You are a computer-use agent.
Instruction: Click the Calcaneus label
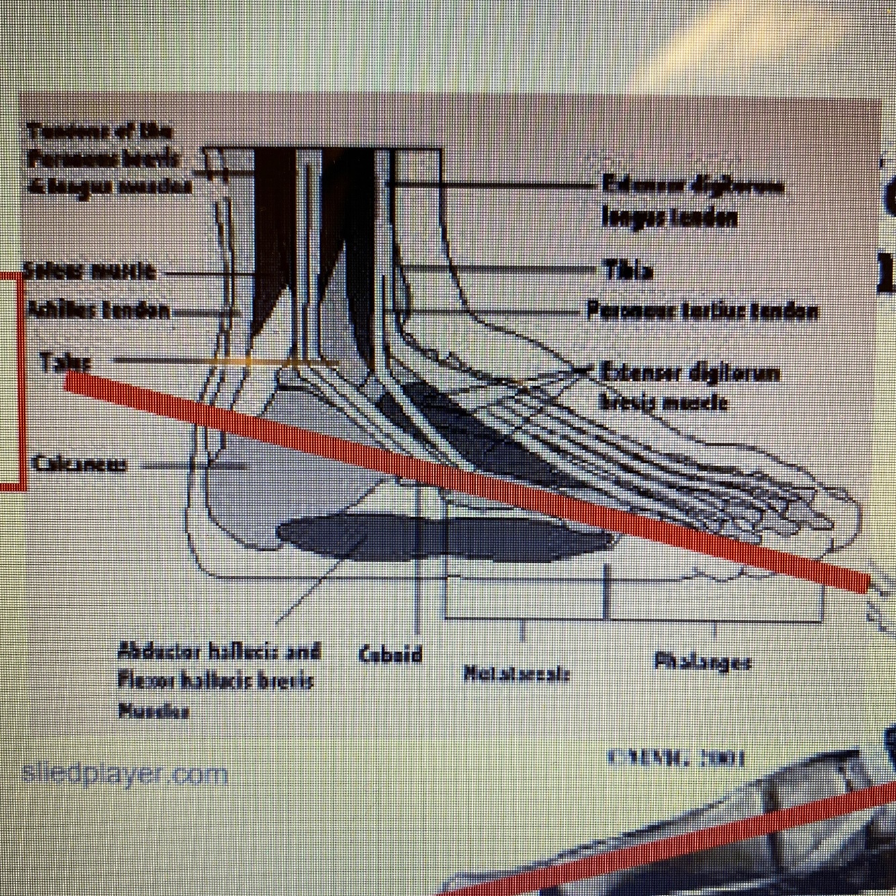click(79, 464)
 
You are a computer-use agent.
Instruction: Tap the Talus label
click(64, 362)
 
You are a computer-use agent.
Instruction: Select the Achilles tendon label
click(98, 310)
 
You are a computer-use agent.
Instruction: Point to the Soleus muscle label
click(89, 271)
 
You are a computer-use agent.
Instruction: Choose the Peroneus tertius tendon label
click(702, 311)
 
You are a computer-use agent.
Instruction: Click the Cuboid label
click(390, 654)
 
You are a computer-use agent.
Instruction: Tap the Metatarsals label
click(517, 672)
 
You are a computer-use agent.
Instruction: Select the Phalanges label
click(702, 662)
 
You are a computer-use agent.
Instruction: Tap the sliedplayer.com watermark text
click(125, 774)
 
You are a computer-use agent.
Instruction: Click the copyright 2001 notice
click(676, 758)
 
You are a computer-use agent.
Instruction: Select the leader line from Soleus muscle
click(205, 273)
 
